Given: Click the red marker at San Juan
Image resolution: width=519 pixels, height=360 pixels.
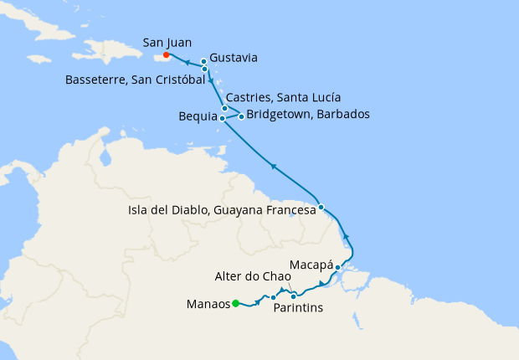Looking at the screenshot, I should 167,56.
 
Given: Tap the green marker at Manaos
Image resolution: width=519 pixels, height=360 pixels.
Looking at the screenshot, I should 236,303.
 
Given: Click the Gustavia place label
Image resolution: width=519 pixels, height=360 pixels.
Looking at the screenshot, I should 234,58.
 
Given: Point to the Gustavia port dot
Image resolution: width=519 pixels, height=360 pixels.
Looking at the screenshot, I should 203,61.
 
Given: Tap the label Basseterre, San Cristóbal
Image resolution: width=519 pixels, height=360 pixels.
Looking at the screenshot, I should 135,80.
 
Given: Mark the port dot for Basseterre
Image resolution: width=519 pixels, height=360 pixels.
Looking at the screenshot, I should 205,69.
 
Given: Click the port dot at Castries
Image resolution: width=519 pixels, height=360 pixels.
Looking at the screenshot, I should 224,108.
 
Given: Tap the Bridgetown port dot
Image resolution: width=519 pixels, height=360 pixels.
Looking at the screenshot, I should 241,116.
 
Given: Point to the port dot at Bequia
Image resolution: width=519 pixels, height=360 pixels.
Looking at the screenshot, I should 222,119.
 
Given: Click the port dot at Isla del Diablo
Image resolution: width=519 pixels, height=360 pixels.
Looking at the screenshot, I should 321,206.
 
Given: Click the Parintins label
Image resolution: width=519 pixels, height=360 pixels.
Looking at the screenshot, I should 298,308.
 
